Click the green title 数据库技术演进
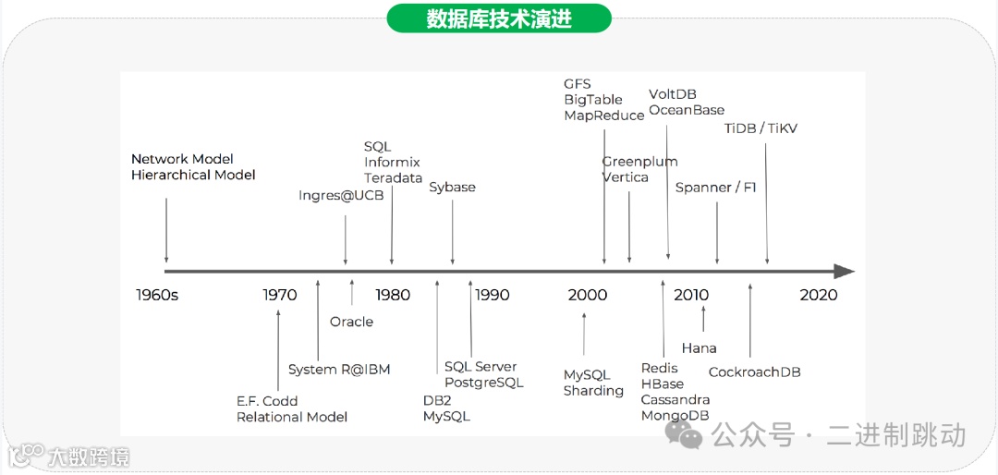tap(499, 18)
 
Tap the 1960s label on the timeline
tap(157, 295)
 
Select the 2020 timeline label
tap(818, 295)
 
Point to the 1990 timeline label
tap(492, 295)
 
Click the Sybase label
tap(452, 188)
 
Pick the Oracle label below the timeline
tap(351, 322)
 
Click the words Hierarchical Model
tap(193, 175)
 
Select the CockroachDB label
tap(754, 372)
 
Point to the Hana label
tap(699, 348)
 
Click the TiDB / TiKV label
tap(760, 128)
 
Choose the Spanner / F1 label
tap(715, 188)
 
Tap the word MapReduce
tap(604, 116)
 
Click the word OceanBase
tap(687, 110)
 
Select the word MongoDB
tap(675, 416)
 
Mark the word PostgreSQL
tap(483, 383)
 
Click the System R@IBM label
tap(339, 370)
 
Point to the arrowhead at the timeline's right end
tap(844, 272)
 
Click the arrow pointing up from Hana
tap(703, 318)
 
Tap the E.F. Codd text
tap(266, 401)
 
